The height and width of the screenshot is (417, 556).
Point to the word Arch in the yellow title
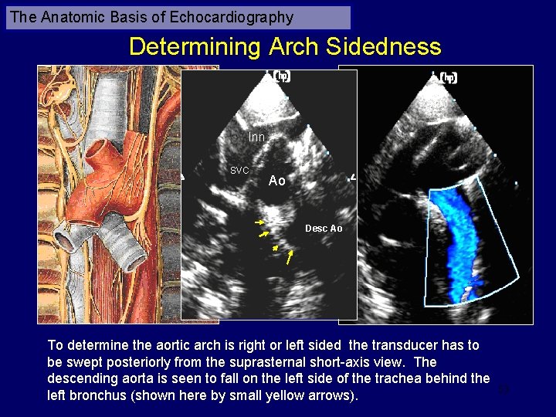(x=293, y=46)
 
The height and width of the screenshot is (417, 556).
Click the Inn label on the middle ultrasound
(x=256, y=137)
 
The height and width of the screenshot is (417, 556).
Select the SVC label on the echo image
(x=239, y=170)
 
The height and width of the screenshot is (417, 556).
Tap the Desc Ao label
(x=324, y=229)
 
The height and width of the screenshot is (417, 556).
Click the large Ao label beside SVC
(x=277, y=181)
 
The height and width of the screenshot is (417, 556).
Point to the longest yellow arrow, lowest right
(x=290, y=257)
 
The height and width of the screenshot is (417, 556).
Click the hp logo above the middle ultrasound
(x=282, y=76)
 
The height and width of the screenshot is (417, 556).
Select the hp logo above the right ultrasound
(x=448, y=77)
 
